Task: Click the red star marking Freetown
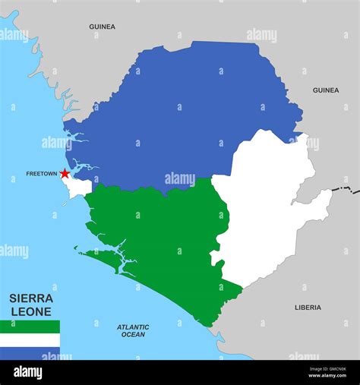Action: click(x=65, y=174)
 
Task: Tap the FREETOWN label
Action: click(x=41, y=174)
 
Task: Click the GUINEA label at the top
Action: click(x=103, y=27)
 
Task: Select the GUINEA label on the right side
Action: click(x=326, y=90)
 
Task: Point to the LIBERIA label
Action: click(x=308, y=308)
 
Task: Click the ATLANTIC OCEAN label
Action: click(x=133, y=330)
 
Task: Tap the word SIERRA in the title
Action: click(x=31, y=298)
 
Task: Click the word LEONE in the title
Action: click(x=31, y=311)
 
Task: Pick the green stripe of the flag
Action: click(x=30, y=327)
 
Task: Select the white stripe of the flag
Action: click(x=30, y=340)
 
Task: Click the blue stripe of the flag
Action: click(x=30, y=353)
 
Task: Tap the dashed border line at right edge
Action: click(x=349, y=188)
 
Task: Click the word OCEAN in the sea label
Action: click(x=133, y=335)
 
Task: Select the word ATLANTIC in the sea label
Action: click(x=133, y=327)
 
